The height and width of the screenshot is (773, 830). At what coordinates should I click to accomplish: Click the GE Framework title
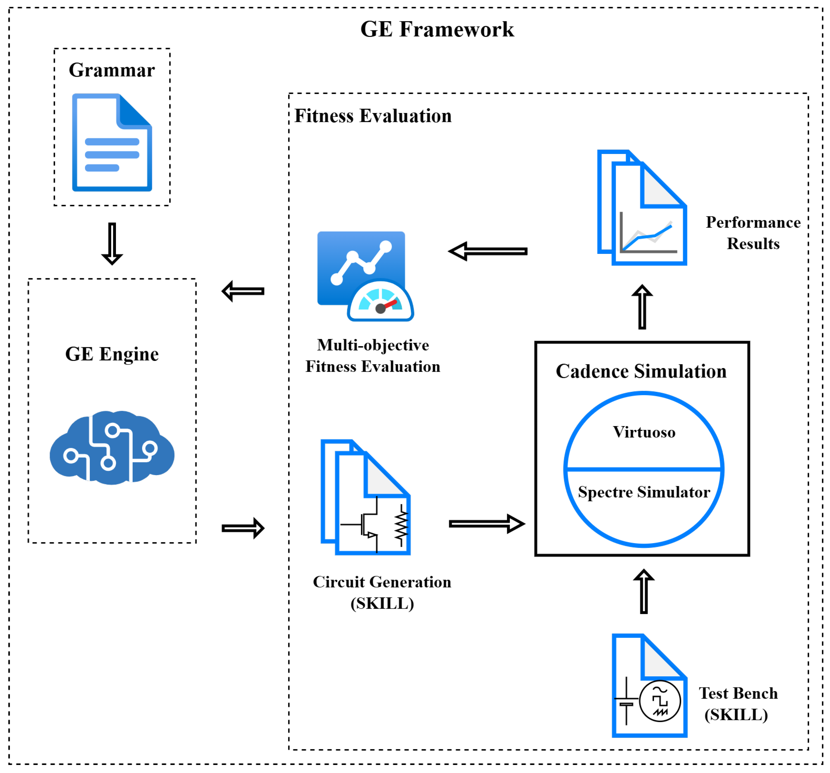coord(437,29)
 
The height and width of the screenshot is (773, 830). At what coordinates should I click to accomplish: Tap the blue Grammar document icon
coord(112,142)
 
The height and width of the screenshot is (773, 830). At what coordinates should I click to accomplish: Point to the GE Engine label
coord(112,354)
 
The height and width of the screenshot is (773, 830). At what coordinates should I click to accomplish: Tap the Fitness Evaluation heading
coord(373,116)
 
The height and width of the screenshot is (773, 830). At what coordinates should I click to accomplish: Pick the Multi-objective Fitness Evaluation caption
coord(373,356)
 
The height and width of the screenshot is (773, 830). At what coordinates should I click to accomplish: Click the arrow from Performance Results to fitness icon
coord(487,251)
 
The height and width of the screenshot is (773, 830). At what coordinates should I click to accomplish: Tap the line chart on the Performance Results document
coord(647,236)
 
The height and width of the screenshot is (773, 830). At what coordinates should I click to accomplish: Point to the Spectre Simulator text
coord(644,492)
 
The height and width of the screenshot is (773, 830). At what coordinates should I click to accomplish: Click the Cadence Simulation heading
coord(641,371)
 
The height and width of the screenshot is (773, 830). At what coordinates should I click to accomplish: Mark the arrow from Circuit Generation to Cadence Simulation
coord(486,524)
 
